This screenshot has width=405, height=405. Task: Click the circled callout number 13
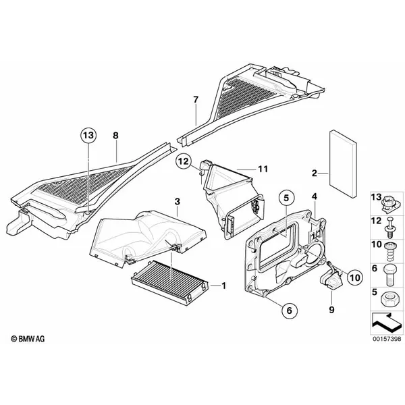click(x=88, y=136)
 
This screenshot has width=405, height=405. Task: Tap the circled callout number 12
click(x=184, y=162)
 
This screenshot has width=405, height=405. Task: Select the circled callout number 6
click(x=289, y=310)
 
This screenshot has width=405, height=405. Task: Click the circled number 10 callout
click(x=355, y=277)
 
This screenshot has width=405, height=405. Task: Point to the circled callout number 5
click(x=286, y=198)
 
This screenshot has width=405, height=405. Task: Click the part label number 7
click(x=196, y=99)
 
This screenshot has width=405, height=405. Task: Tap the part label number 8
click(x=115, y=136)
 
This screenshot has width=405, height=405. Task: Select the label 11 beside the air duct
click(x=263, y=169)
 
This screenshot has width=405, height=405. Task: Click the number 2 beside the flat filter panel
click(x=314, y=173)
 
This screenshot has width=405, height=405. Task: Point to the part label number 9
click(x=331, y=309)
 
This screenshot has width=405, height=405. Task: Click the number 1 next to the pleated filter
click(x=223, y=286)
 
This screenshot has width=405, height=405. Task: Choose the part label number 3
click(x=177, y=201)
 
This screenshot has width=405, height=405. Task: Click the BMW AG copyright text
click(x=28, y=339)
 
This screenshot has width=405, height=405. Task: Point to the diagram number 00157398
click(x=387, y=338)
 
